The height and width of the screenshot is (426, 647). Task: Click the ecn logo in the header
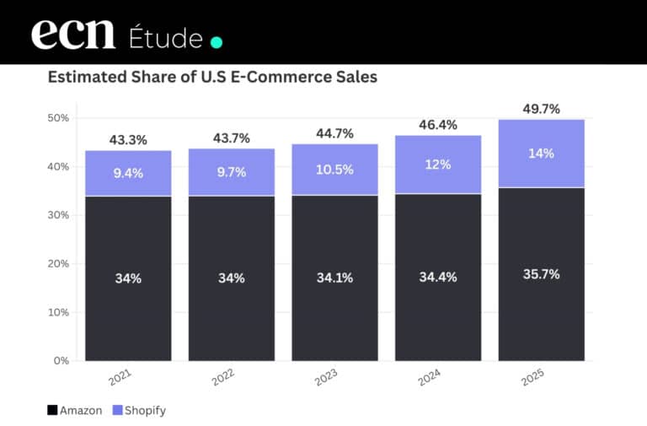point(74,35)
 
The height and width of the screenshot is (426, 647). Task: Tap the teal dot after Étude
point(216,41)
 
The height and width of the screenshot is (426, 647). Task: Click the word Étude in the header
point(166,38)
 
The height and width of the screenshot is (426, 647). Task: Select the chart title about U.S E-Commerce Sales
point(212,78)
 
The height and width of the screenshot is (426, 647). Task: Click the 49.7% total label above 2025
point(541,109)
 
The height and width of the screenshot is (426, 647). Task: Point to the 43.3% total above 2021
point(128,140)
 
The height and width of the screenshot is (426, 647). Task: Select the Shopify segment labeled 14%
point(541,154)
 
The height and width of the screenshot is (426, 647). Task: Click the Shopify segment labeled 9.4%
point(128,174)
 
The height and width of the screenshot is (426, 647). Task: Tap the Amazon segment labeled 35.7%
point(541,274)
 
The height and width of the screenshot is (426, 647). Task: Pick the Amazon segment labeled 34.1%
point(334,278)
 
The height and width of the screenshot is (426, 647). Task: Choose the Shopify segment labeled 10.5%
point(334,169)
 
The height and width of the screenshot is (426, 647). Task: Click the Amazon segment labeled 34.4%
point(437,278)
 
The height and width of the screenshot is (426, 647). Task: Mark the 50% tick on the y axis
point(58,118)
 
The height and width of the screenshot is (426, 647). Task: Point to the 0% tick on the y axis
point(61,361)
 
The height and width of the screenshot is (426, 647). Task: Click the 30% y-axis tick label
point(58,215)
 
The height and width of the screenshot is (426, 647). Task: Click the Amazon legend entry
point(75,411)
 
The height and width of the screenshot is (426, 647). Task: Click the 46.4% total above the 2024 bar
point(437,125)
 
